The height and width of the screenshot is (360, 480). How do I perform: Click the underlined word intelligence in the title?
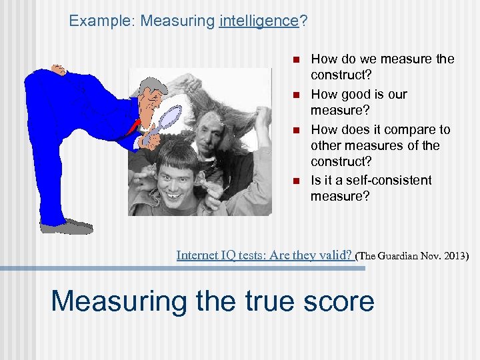258,21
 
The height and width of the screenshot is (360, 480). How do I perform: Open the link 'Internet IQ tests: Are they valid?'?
264,254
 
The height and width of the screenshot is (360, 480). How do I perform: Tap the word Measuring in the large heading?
119,301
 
